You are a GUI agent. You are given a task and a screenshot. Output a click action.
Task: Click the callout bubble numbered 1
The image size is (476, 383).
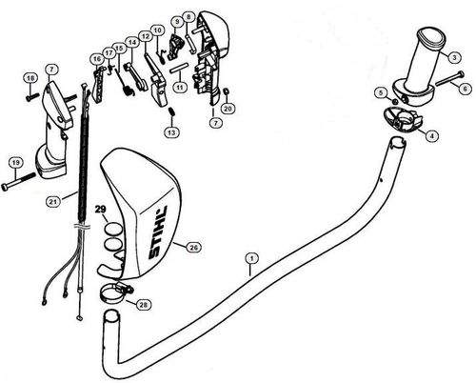click(250, 257)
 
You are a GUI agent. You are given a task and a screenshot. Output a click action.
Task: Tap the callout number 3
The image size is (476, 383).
click(455, 58)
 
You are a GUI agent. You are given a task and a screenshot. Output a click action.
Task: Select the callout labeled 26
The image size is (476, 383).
click(193, 247)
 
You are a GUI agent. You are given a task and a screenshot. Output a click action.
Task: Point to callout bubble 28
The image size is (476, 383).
click(144, 304)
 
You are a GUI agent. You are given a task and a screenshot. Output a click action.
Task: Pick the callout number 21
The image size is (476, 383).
click(53, 201)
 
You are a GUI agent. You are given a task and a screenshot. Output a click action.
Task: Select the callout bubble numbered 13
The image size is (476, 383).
click(170, 133)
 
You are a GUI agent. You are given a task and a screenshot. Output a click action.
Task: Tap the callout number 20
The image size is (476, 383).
click(228, 109)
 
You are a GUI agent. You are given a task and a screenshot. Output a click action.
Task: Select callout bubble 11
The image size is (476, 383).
click(178, 86)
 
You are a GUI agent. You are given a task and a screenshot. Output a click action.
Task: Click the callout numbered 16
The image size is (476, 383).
click(97, 59)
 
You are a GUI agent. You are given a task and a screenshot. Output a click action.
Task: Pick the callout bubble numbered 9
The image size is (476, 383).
click(176, 21)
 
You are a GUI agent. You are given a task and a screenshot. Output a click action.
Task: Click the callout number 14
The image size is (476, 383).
click(132, 43)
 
